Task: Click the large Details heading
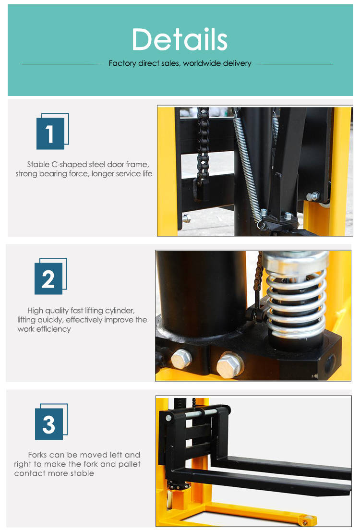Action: click(180, 39)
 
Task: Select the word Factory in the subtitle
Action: click(122, 63)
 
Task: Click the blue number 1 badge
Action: click(50, 133)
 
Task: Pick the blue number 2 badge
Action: click(48, 278)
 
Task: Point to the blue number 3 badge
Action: click(49, 424)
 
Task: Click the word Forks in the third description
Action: click(37, 455)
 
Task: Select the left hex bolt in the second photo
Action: click(181, 357)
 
